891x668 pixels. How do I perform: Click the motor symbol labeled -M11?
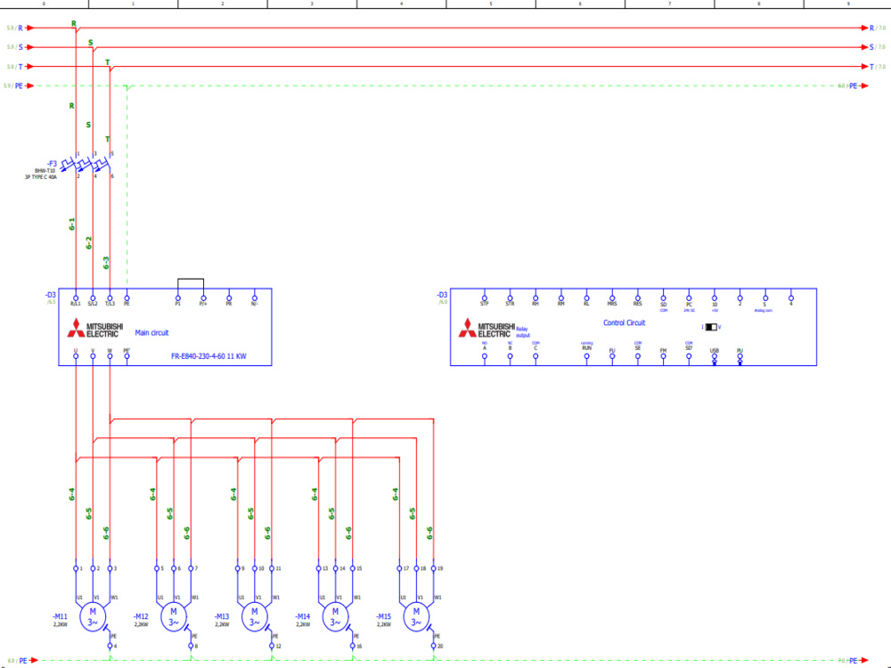click(93, 615)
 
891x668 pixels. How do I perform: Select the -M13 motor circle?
click(254, 615)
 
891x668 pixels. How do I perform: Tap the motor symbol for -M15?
click(415, 615)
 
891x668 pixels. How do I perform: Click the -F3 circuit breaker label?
click(52, 163)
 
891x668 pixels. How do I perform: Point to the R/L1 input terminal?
click(76, 297)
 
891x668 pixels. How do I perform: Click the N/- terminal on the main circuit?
click(254, 297)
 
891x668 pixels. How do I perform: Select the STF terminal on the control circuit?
click(485, 297)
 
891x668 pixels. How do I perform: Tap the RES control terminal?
click(638, 297)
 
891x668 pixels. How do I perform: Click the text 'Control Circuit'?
click(625, 322)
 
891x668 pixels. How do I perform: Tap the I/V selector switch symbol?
click(711, 327)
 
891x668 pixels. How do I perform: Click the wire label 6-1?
click(72, 224)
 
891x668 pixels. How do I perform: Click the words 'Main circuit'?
click(151, 332)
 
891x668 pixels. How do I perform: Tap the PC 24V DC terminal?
click(689, 297)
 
